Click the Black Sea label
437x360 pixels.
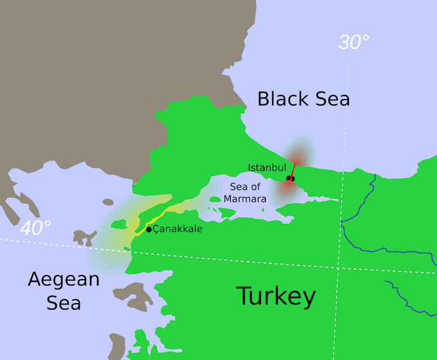point(303,99)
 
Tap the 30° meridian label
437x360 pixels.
point(354,42)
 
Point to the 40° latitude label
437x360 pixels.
point(35,228)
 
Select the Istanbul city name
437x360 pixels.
point(267,168)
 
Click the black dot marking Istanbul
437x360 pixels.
point(290,178)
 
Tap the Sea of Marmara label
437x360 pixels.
point(245,193)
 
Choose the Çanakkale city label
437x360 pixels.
point(178,229)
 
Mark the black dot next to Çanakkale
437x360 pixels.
point(149,229)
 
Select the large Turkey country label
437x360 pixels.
point(276,296)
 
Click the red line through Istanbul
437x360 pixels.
point(293,168)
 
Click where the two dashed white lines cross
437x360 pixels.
point(338,268)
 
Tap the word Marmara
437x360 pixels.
point(245,199)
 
